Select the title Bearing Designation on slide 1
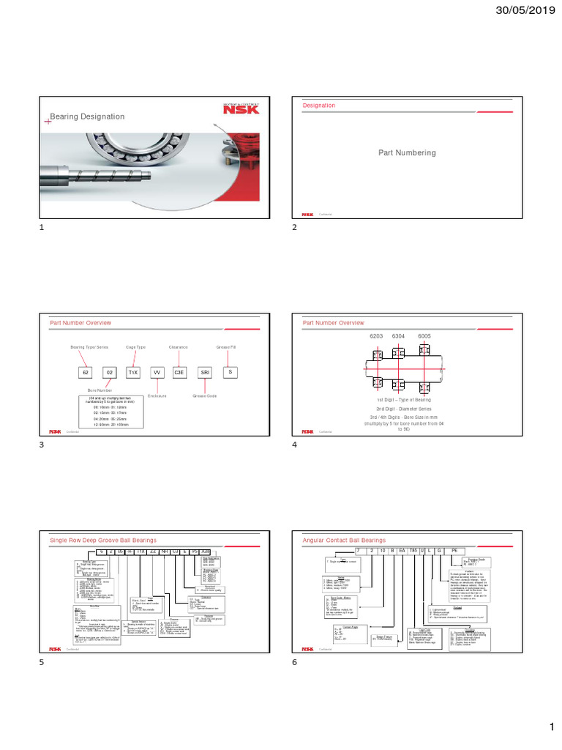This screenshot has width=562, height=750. click(x=86, y=116)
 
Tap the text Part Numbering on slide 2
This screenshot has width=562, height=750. click(x=406, y=153)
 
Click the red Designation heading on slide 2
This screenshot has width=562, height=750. click(x=319, y=105)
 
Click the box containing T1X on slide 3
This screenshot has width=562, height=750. click(x=133, y=373)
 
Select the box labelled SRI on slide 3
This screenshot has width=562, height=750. click(x=205, y=373)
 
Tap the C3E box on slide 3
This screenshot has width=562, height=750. click(x=179, y=373)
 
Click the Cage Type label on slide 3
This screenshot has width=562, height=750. click(x=136, y=348)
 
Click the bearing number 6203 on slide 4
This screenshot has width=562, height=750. click(x=376, y=335)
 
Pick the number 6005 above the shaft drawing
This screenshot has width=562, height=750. click(x=424, y=335)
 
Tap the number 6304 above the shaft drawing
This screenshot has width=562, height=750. click(x=399, y=335)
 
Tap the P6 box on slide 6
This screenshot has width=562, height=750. click(x=454, y=550)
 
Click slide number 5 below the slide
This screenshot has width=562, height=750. click(x=42, y=662)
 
